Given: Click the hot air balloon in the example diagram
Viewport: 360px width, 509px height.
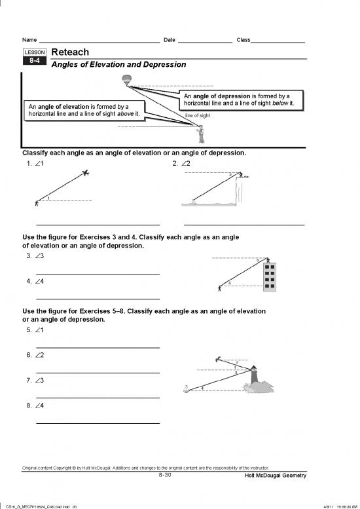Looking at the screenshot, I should pos(126,80).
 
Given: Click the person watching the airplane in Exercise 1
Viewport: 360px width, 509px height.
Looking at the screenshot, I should pos(37,202).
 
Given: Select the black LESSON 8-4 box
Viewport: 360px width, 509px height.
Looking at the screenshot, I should pos(33,58).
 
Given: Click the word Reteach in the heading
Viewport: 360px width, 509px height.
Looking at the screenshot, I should pos(69,52).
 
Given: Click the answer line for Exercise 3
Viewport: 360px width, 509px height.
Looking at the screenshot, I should pos(98,273).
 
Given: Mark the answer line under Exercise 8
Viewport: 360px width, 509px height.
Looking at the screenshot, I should pos(98,423).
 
